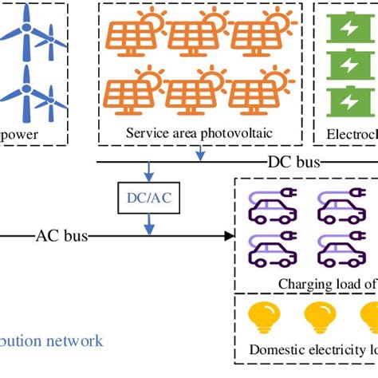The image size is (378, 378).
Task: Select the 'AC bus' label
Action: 61,236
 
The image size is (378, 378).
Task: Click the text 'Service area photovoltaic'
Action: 199,133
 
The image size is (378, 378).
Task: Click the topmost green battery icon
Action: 349,30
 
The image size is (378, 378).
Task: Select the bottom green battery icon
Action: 349,101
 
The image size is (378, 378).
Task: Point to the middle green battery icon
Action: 349,65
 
